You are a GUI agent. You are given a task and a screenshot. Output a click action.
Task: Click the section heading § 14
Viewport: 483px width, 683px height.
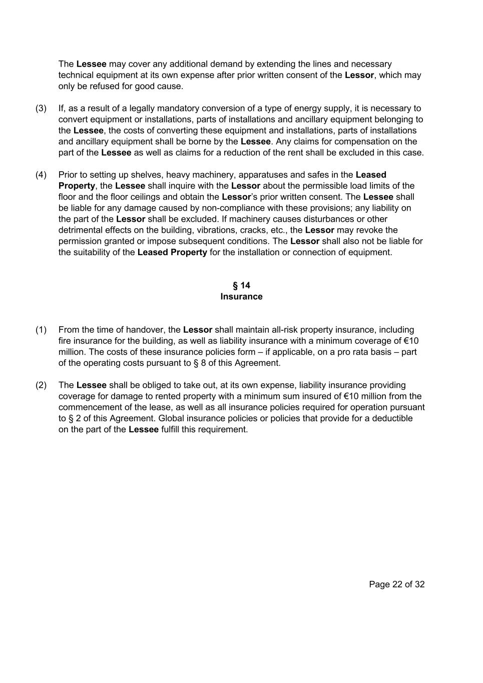pos(241,285)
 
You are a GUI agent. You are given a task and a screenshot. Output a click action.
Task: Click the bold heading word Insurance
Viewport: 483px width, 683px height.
pos(241,296)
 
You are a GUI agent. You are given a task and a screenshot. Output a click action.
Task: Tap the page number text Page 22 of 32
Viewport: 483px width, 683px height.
pos(396,584)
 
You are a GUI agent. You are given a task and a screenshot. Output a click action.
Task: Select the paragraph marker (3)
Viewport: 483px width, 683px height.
pos(41,108)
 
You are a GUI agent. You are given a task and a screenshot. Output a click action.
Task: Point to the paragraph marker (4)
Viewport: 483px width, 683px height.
pos(41,175)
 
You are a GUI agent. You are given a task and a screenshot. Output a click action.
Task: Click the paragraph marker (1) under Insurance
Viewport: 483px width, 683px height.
pos(41,330)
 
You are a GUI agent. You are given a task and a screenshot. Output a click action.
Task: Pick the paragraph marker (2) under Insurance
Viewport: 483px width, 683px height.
pos(41,385)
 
